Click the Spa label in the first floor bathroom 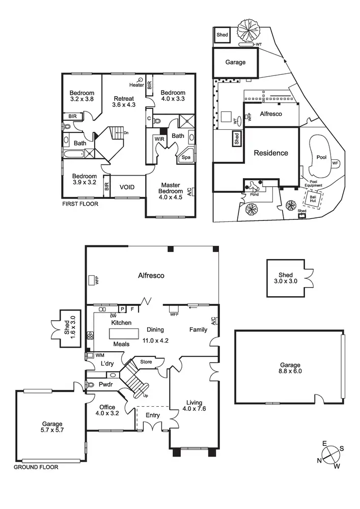184,158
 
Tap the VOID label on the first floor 127,187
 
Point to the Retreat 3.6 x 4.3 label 124,102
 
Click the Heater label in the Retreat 136,85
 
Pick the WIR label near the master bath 159,138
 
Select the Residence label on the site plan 271,153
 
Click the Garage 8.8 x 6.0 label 290,369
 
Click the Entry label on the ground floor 152,415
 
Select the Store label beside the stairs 146,362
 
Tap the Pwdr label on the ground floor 105,385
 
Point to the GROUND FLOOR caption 36,467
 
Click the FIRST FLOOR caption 80,204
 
